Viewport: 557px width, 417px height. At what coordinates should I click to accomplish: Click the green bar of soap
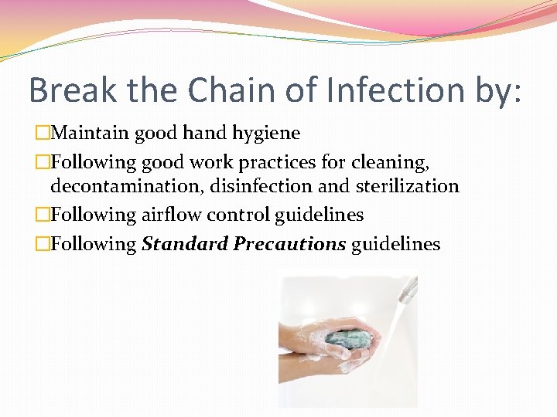tap(348, 337)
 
